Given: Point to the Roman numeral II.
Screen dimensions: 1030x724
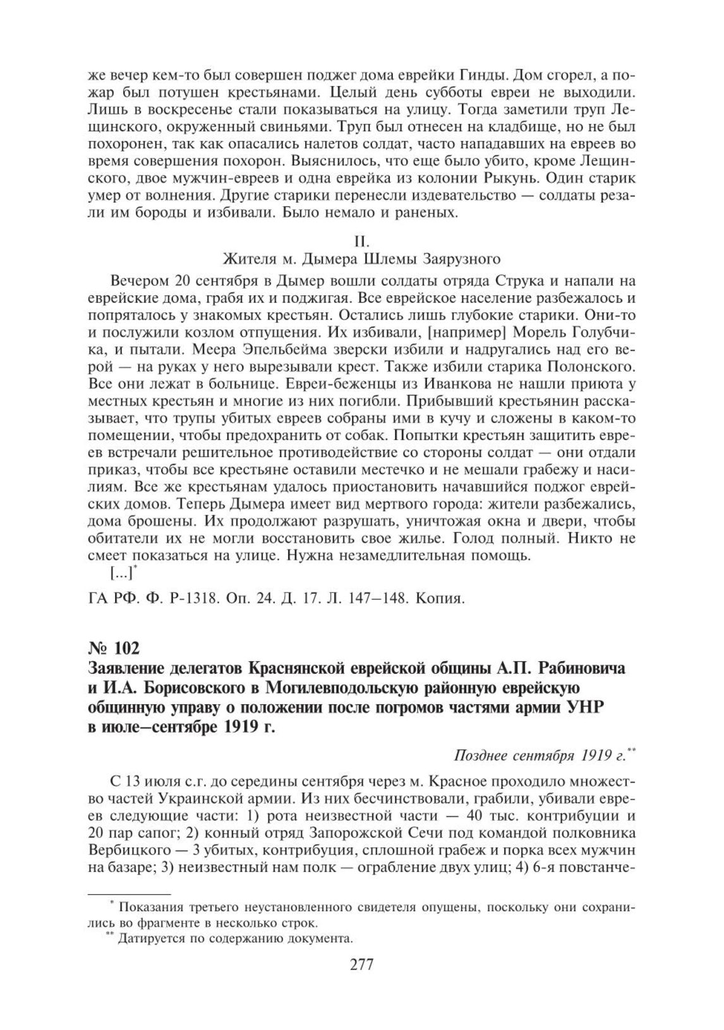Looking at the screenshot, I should pyautogui.click(x=362, y=241).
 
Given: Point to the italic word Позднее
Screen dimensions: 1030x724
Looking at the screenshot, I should pyautogui.click(x=479, y=755).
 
